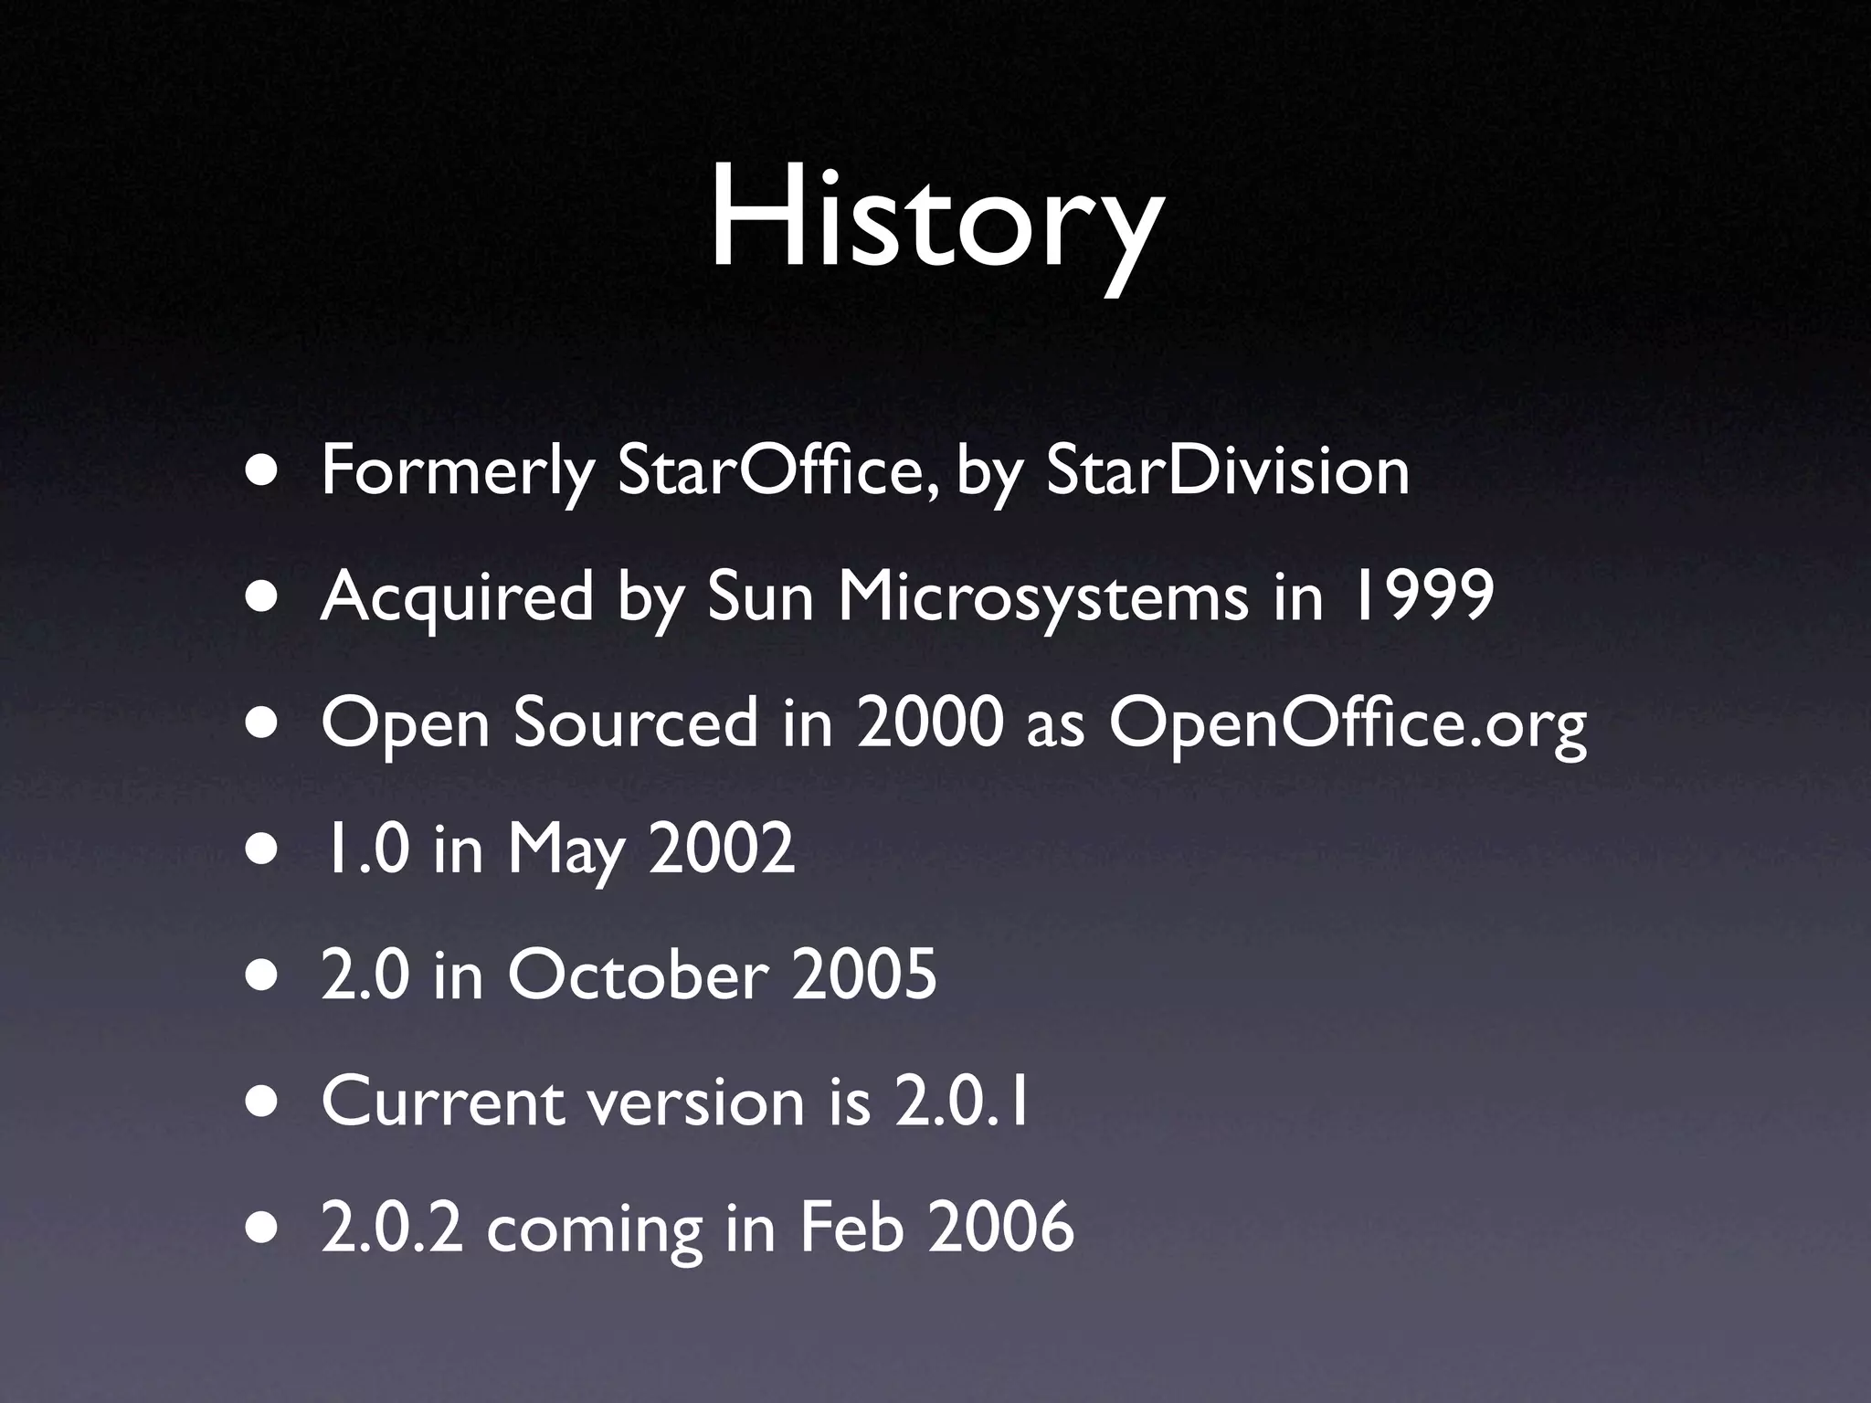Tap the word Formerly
click(458, 473)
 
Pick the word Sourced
click(636, 723)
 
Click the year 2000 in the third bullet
click(926, 723)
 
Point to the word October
click(637, 975)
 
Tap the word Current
click(442, 1102)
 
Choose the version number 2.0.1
click(963, 1102)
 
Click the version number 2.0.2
click(392, 1228)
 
